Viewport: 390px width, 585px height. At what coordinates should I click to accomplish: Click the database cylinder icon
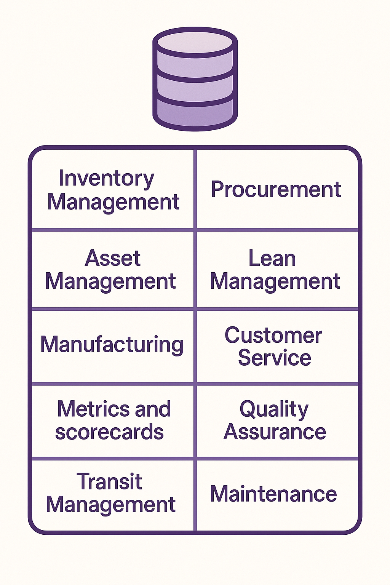(195, 79)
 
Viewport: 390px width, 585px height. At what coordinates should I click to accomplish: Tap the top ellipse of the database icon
(195, 42)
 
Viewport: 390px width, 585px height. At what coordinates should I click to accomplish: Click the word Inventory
(106, 179)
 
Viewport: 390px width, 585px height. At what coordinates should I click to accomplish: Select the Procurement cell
(276, 190)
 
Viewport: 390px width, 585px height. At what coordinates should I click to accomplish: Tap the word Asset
(113, 259)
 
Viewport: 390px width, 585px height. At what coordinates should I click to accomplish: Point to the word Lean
(272, 259)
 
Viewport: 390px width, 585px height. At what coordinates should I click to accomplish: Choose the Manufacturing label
(112, 345)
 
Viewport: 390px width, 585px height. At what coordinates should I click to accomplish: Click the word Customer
(273, 336)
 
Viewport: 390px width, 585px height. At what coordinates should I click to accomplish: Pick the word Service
(275, 358)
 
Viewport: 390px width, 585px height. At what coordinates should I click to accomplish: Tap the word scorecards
(109, 432)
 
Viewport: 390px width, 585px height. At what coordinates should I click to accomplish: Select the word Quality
(274, 410)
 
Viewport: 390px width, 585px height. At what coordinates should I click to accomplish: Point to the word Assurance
(275, 432)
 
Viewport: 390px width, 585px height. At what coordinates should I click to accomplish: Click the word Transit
(109, 481)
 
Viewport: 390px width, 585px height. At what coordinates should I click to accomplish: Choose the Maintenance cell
(273, 494)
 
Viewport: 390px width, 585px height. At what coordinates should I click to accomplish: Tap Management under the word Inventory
(113, 202)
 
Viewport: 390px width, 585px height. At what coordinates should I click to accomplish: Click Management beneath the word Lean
(275, 282)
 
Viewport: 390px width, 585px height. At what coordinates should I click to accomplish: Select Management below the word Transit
(110, 505)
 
